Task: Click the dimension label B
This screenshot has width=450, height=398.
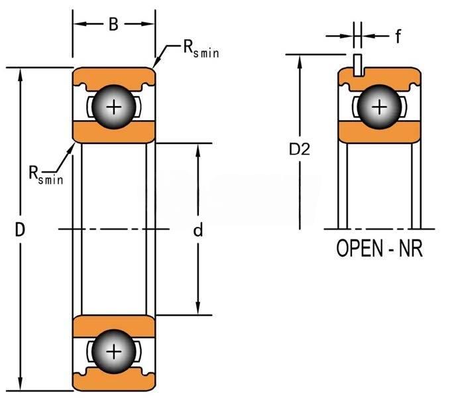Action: coord(113,25)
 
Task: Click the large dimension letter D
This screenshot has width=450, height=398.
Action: coord(20,231)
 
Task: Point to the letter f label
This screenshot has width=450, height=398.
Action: coord(398,36)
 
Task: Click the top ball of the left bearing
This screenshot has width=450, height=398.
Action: coord(114,107)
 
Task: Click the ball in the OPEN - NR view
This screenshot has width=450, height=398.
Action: coord(379,107)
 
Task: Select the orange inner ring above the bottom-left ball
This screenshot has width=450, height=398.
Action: coord(114,326)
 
